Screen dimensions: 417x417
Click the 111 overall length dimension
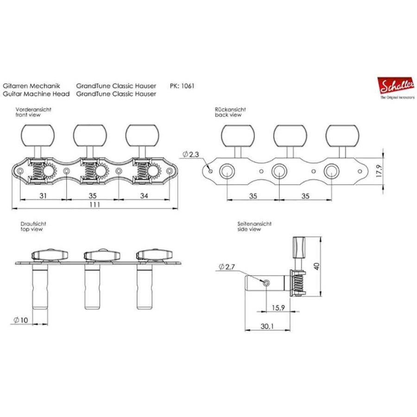coord(95,204)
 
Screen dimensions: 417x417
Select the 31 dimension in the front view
coord(43,196)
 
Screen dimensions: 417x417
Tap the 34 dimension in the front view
coord(144,196)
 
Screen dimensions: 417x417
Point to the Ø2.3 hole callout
coord(191,154)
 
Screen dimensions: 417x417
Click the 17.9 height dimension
coord(379,171)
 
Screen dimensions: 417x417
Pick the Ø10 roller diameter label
coord(21,320)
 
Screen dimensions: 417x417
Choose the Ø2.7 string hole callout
coord(227,266)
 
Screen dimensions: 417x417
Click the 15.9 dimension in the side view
coord(278,308)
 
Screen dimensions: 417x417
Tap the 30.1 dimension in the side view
coord(267,326)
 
